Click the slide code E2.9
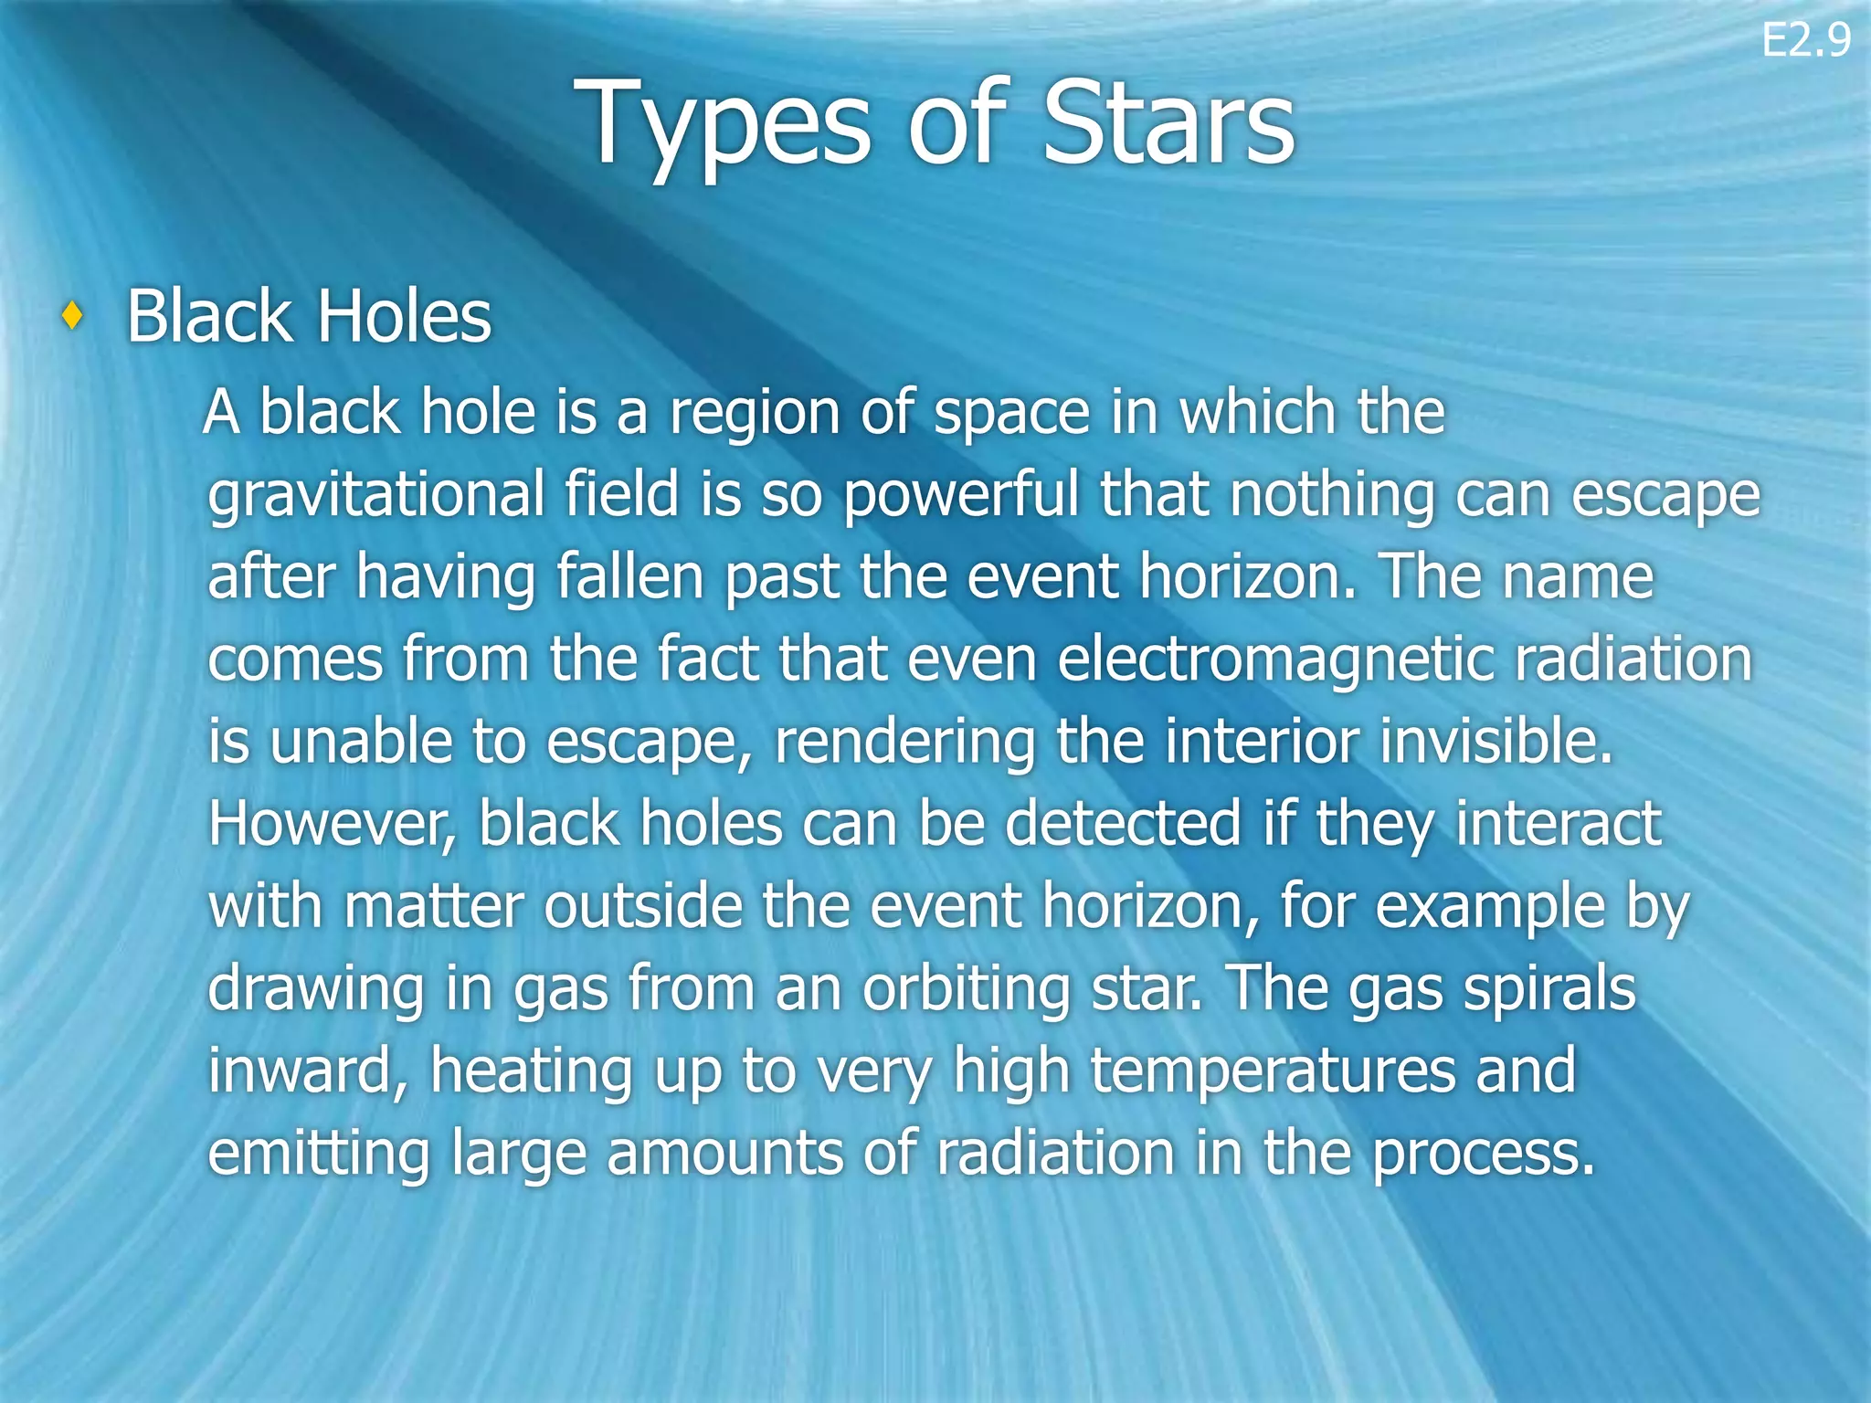(1805, 40)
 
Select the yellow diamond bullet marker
(72, 317)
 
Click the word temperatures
(1274, 1071)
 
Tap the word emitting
(319, 1154)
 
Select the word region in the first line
(754, 414)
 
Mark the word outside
(644, 906)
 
